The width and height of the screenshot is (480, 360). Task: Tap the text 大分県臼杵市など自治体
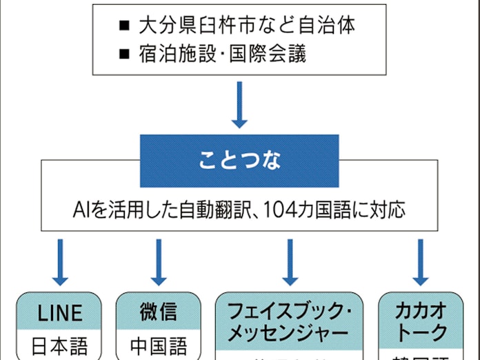coord(247,26)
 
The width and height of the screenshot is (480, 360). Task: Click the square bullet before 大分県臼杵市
coord(125,26)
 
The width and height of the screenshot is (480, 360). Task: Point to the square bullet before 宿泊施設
coord(125,53)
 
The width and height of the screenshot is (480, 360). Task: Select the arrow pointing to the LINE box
coord(61,262)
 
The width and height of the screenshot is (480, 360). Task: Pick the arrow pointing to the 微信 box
coord(159,262)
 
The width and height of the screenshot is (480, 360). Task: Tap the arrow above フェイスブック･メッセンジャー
coord(289,262)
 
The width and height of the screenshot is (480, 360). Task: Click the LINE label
coord(60,314)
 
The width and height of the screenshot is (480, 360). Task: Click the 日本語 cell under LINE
coord(60,345)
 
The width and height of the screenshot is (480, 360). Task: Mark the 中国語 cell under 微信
coord(159,345)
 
